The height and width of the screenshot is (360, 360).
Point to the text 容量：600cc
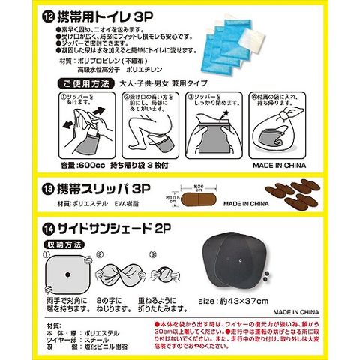click(82, 164)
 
